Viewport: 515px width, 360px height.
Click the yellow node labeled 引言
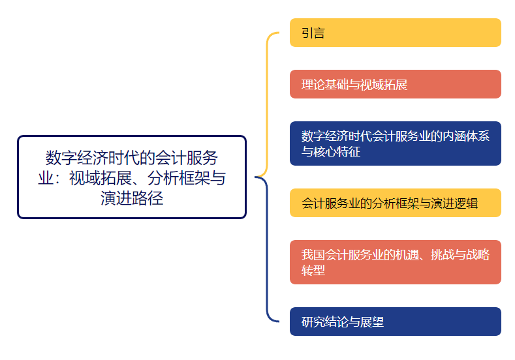(395, 33)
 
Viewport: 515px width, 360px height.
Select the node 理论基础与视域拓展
(395, 84)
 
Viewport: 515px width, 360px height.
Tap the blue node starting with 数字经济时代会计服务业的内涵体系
(395, 143)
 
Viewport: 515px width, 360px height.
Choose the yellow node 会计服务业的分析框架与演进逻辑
(395, 203)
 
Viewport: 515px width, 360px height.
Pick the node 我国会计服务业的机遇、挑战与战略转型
(395, 262)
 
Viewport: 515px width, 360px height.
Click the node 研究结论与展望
(395, 322)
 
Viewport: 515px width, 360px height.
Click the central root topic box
(131, 177)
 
